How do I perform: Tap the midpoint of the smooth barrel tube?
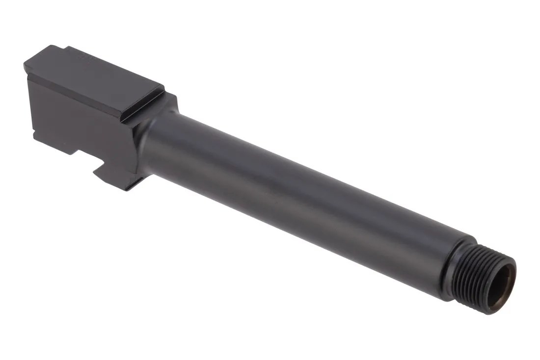point(295,196)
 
